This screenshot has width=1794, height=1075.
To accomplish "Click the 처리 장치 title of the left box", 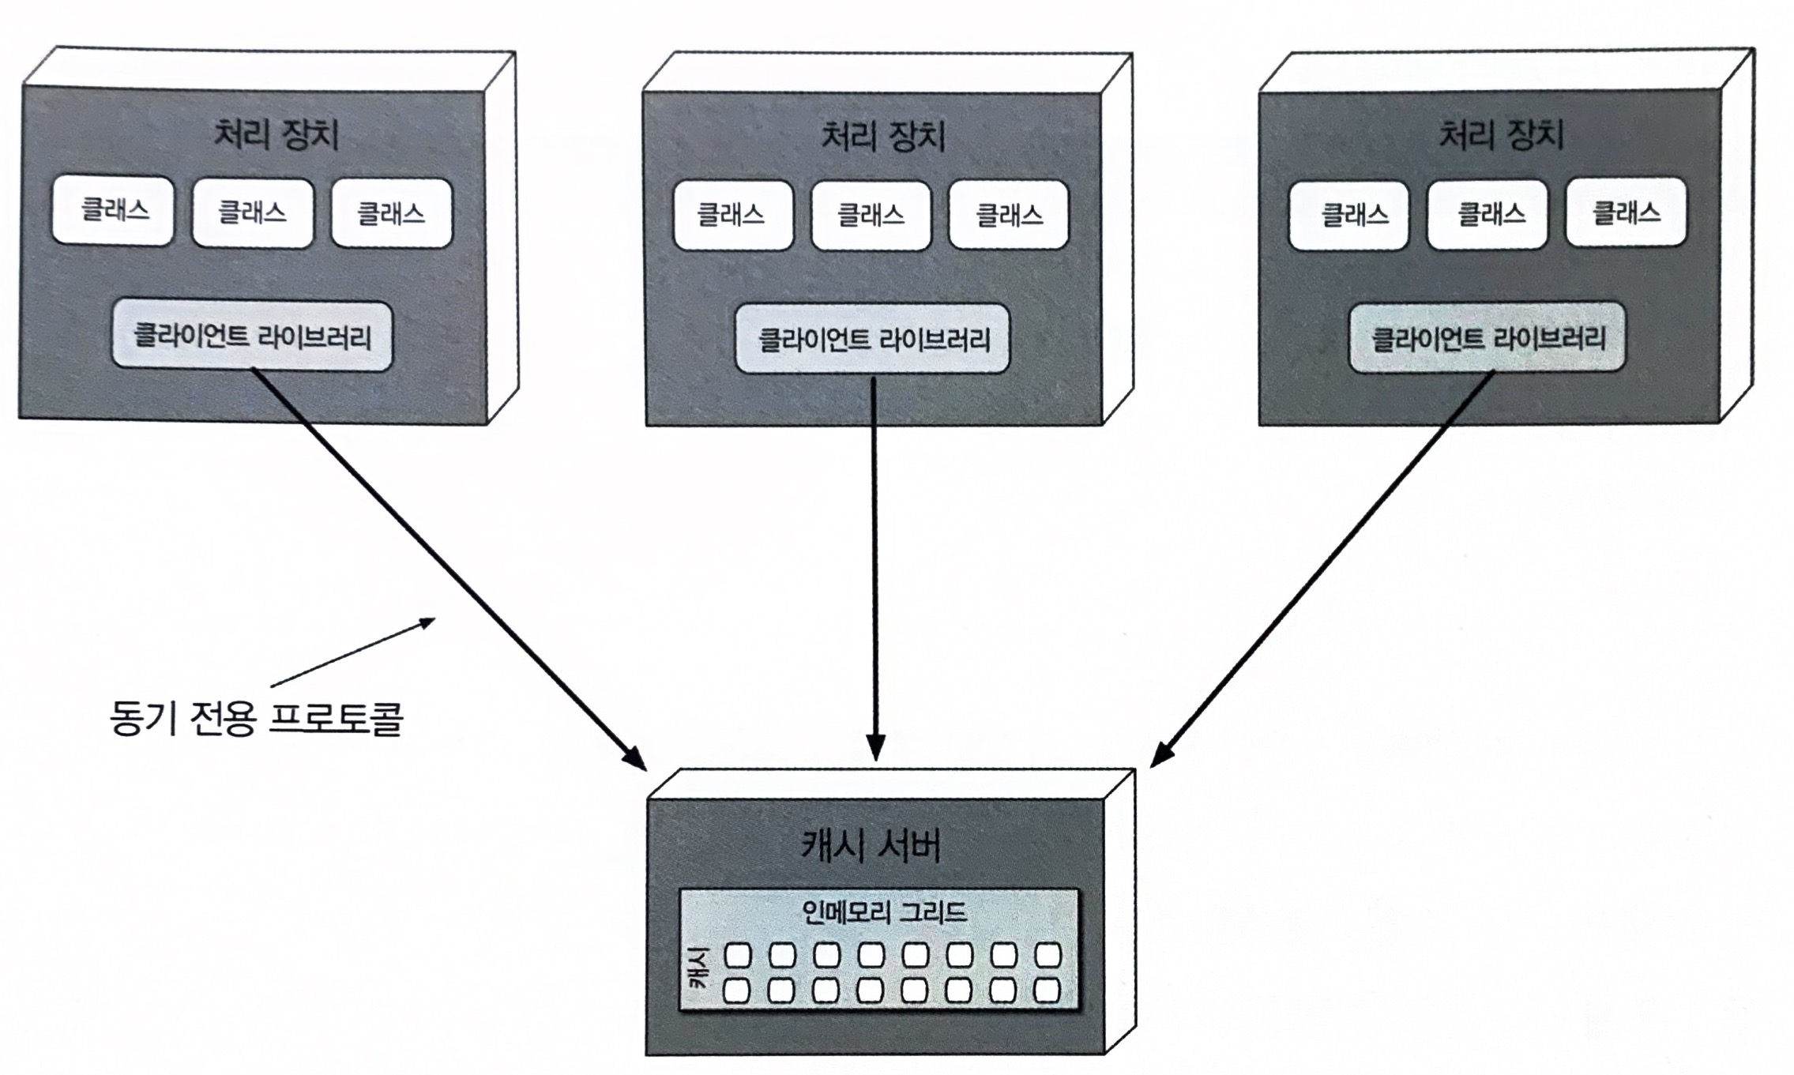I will click(276, 134).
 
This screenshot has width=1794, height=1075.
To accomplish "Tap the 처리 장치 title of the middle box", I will click(883, 137).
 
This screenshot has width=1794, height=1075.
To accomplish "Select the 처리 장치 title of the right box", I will click(1501, 134).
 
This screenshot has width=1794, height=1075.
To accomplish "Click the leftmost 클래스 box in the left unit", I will click(113, 211).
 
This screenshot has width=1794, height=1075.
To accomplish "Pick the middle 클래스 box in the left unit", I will click(253, 212).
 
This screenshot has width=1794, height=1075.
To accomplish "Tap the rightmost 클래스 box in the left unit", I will click(392, 212).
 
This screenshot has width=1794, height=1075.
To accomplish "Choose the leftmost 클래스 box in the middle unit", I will click(732, 215).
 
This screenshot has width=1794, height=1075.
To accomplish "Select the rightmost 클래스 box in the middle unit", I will click(1009, 215).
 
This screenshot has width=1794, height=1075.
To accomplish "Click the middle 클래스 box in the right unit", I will click(1487, 214).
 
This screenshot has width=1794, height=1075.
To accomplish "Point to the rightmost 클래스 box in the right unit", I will click(1626, 212).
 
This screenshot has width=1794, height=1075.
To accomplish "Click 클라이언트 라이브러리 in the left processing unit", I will click(252, 336).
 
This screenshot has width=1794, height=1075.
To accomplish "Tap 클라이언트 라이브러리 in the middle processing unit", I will click(873, 339).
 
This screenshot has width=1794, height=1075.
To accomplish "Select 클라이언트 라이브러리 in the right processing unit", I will click(1487, 337).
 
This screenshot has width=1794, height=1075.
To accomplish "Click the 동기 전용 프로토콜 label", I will click(258, 719).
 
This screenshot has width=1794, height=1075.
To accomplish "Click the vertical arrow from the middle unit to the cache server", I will click(874, 569).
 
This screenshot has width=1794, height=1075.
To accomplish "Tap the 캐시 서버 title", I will click(871, 847).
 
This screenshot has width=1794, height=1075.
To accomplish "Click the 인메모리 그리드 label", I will click(883, 913).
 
